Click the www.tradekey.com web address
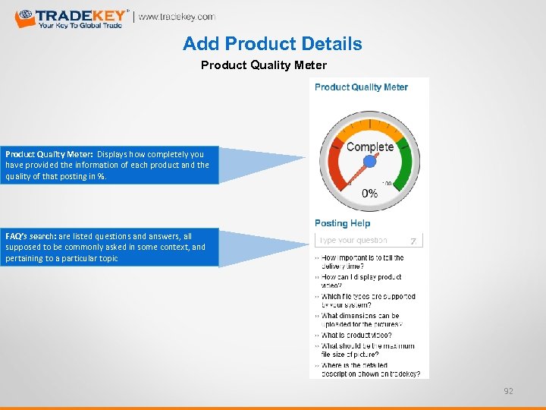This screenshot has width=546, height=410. pos(177,17)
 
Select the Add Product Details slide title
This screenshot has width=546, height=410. pos(272,44)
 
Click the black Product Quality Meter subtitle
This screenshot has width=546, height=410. pos(263,65)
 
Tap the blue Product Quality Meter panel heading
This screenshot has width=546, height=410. pos(361,87)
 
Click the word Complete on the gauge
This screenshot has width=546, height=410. pos(369,147)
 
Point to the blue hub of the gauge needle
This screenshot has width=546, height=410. pos(370,161)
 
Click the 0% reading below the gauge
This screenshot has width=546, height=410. pos(369,194)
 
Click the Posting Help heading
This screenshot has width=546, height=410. pos(342,223)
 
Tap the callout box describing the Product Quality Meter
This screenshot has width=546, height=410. pos(111,165)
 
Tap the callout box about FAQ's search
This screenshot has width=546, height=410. pos(111,248)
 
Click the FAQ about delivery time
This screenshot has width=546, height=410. pos(362,262)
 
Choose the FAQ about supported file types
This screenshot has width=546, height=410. pos(368,301)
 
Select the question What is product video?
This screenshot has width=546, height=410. pos(356,335)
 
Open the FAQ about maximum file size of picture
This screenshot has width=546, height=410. pos(368,350)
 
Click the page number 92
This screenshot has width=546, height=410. pos(509,391)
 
